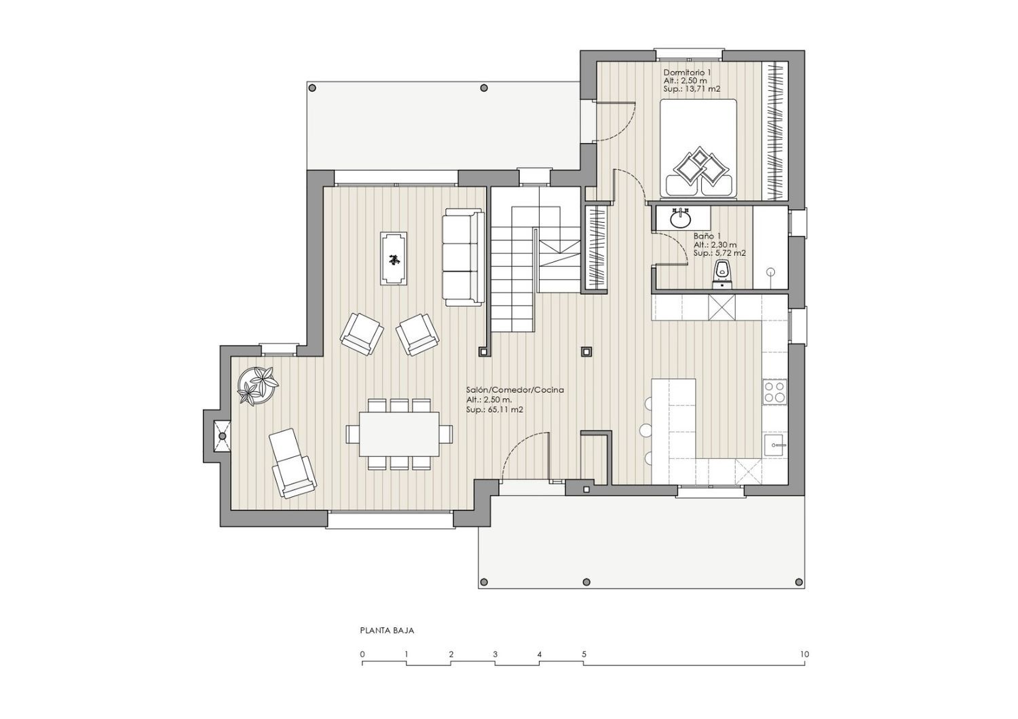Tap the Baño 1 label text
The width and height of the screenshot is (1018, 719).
click(707, 236)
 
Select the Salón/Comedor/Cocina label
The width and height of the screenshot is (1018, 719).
click(515, 390)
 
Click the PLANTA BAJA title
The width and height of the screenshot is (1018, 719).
click(388, 631)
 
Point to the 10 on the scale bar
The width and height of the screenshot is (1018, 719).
click(804, 655)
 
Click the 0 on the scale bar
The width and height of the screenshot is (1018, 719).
click(362, 655)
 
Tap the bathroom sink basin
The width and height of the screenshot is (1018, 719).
click(681, 219)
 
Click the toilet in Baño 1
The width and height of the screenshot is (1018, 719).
click(721, 274)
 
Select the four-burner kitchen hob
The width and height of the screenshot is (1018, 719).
click(775, 392)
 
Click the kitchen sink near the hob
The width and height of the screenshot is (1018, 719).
click(775, 444)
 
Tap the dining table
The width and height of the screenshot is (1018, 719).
click(399, 434)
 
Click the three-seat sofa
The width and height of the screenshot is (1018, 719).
click(463, 257)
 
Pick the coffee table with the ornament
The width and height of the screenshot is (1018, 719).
click(394, 258)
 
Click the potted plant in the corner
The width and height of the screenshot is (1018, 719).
click(258, 385)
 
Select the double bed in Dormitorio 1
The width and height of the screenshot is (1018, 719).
click(698, 148)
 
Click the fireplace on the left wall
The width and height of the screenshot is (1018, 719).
click(218, 436)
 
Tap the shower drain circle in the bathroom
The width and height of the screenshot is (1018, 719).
click(770, 272)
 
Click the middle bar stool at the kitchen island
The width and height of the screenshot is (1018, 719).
click(645, 430)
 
